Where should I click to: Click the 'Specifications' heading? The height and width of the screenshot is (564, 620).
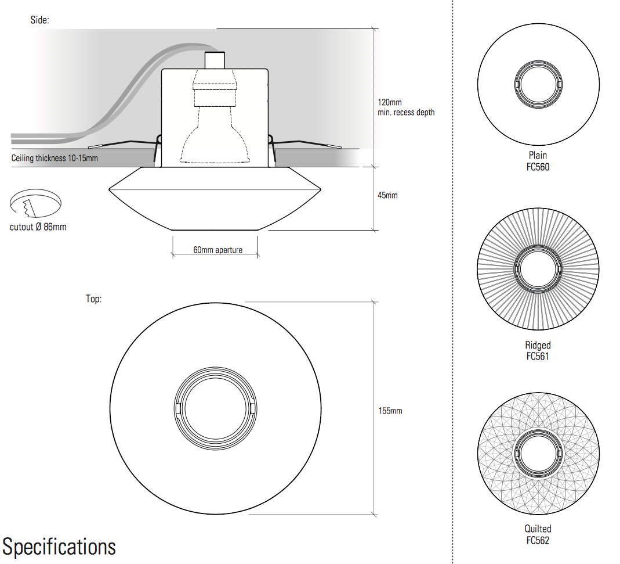(x=59, y=547)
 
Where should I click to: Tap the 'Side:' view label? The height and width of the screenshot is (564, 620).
(x=40, y=20)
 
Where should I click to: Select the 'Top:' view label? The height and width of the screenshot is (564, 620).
(x=94, y=299)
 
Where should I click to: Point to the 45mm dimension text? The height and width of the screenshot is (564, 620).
(x=387, y=195)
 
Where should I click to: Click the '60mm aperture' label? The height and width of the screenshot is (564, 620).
(x=217, y=250)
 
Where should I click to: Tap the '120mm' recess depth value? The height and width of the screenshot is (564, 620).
(x=389, y=102)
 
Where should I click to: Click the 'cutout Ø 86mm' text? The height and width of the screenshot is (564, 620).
(x=38, y=227)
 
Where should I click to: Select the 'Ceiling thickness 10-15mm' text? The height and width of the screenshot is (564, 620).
(x=55, y=158)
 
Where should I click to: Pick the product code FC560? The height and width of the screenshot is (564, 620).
(x=538, y=167)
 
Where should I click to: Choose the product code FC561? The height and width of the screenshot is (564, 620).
(x=538, y=356)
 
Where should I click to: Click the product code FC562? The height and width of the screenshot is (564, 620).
(x=538, y=540)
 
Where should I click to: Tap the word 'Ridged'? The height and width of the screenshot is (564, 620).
(x=538, y=346)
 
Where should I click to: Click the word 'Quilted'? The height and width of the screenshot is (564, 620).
(x=538, y=529)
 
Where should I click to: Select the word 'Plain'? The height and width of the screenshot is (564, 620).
(x=538, y=156)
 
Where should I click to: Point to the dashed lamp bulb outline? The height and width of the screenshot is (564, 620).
(x=215, y=139)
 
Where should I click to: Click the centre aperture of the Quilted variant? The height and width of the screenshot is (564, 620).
(x=538, y=451)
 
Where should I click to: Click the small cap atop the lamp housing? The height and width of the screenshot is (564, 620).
(x=215, y=60)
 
